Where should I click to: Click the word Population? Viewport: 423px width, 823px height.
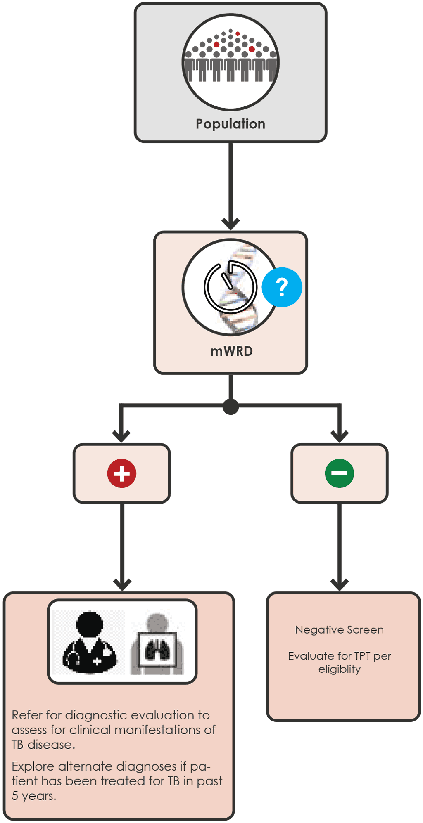click(230, 124)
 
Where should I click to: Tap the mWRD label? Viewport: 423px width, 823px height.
click(231, 351)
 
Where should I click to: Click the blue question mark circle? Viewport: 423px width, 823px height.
click(282, 287)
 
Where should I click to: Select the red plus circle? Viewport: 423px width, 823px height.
click(121, 473)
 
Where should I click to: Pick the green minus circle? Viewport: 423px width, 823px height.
click(339, 473)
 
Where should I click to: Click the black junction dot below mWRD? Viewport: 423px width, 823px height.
click(231, 407)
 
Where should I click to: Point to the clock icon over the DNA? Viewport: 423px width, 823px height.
click(230, 287)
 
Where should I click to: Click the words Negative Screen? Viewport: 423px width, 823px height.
click(339, 630)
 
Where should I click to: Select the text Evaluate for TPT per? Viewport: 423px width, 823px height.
click(339, 656)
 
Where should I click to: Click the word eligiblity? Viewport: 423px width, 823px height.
click(339, 669)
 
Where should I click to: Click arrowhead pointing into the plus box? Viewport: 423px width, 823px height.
click(121, 437)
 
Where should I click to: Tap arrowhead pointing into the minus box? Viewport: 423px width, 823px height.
click(339, 437)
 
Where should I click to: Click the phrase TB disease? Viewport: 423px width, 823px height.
click(43, 745)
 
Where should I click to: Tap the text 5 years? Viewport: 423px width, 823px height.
click(33, 796)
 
